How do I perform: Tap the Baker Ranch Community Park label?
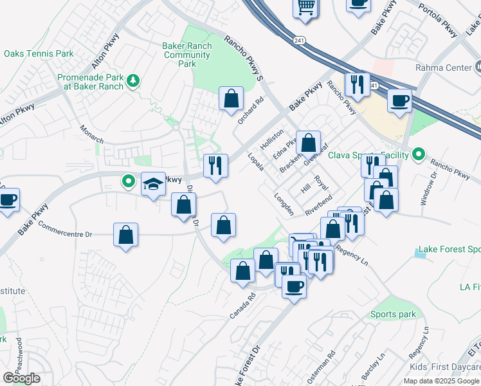tap(187, 55)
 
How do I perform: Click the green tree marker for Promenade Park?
tap(133, 80)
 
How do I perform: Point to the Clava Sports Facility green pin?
tap(419, 154)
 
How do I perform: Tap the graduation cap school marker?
tap(153, 184)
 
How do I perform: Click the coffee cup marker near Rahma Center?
tap(399, 102)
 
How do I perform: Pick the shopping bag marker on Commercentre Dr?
tap(126, 234)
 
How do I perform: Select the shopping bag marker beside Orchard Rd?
tap(231, 98)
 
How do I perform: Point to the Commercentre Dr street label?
tap(66, 230)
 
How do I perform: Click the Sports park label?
tap(392, 315)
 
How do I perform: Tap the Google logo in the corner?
tap(21, 378)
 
